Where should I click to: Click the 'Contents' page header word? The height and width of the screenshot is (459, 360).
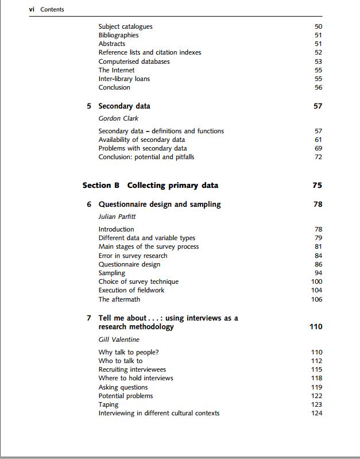[x=52, y=9]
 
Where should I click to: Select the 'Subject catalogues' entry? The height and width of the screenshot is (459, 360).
[x=125, y=26]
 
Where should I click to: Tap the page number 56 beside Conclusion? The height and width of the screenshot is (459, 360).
[x=318, y=87]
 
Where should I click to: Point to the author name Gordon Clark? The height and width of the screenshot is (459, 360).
[x=118, y=118]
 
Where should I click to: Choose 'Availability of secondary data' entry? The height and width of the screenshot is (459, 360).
[x=141, y=140]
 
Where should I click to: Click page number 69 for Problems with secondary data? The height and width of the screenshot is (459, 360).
[x=318, y=148]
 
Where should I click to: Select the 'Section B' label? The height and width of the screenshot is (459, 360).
[x=100, y=185]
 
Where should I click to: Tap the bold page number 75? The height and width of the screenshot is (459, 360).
[x=318, y=185]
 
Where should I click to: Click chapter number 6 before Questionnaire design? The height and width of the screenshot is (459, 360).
[x=89, y=205]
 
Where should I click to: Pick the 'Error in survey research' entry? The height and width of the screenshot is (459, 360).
[x=133, y=256]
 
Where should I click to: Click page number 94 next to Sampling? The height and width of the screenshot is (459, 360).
[x=318, y=273]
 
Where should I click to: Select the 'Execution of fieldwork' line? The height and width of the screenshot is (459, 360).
[x=131, y=290]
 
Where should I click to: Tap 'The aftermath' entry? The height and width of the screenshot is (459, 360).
[x=119, y=299]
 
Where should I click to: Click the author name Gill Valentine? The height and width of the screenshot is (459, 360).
[x=119, y=340]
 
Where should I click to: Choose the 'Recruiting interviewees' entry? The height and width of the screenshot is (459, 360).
[x=132, y=369]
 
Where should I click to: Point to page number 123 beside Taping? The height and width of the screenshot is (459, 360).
[x=316, y=404]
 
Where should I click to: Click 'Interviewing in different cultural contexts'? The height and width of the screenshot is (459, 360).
[x=158, y=413]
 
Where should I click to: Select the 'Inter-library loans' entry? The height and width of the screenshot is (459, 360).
[x=124, y=79]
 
